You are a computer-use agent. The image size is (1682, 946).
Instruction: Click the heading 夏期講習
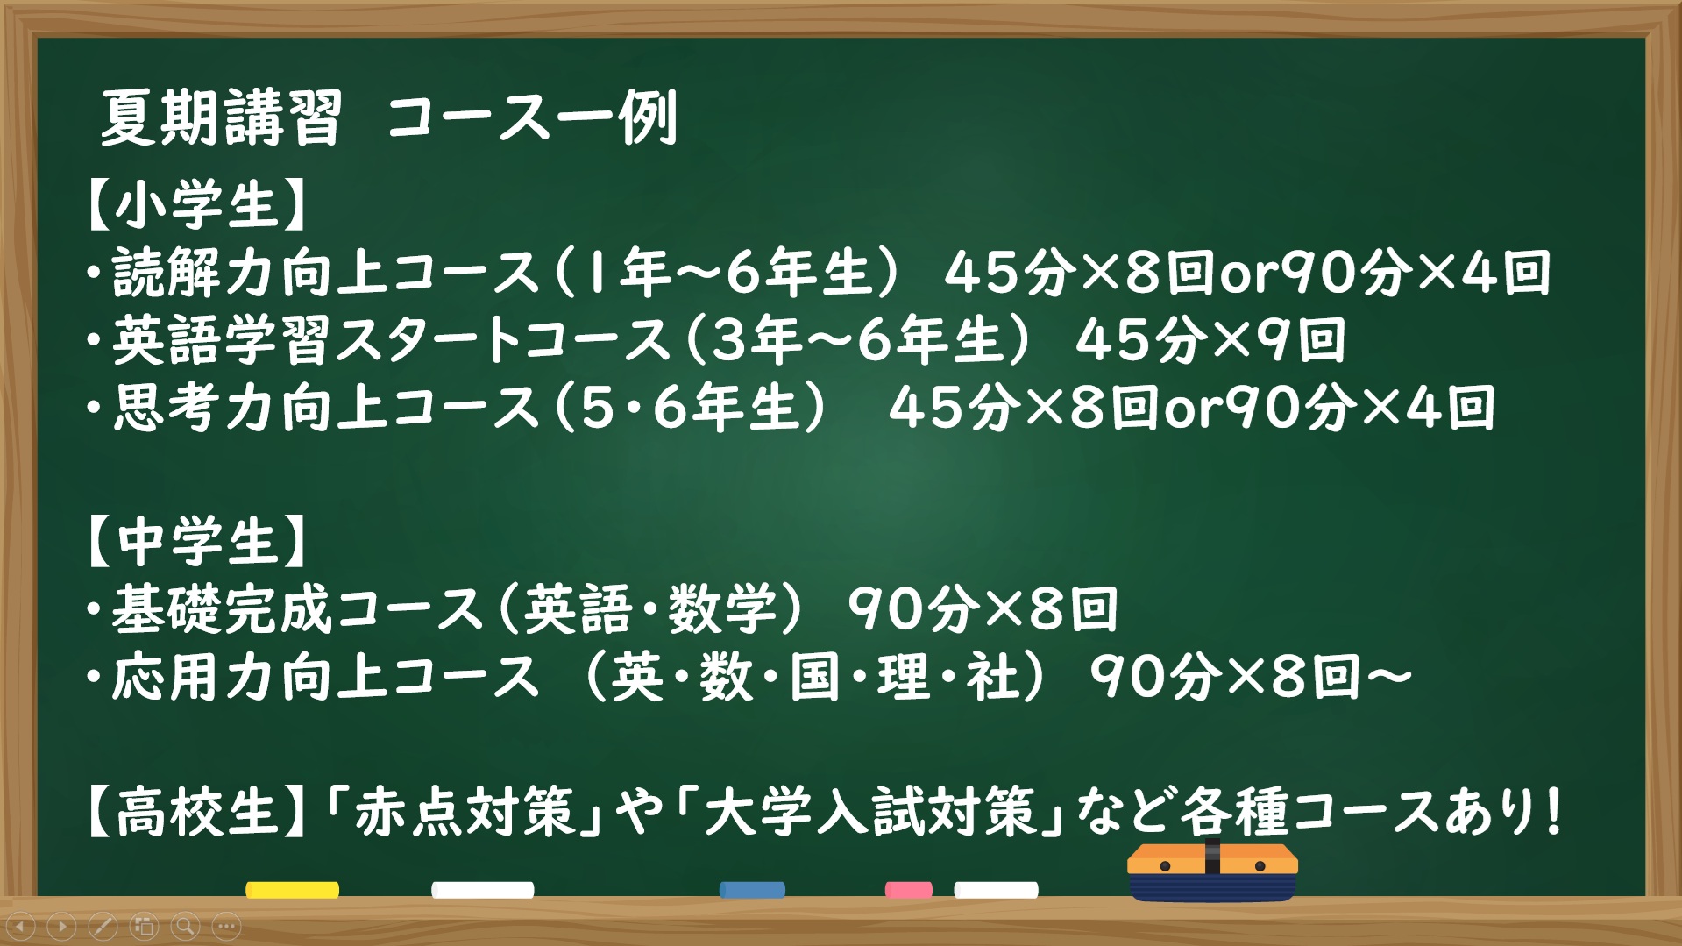coord(221,117)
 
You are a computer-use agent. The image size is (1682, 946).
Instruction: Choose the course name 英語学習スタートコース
coord(392,340)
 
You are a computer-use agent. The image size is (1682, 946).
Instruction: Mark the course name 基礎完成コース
coord(298,608)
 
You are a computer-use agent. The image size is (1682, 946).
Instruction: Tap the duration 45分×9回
coord(1210,340)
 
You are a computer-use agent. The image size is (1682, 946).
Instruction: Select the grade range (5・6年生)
coord(692,408)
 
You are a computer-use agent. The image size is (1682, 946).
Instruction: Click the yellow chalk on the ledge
coord(293,890)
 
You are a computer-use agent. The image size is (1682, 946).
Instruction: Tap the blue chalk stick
coord(752,890)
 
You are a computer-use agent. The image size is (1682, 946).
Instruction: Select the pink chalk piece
coord(909,890)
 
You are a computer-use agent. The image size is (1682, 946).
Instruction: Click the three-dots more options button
coord(227,926)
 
